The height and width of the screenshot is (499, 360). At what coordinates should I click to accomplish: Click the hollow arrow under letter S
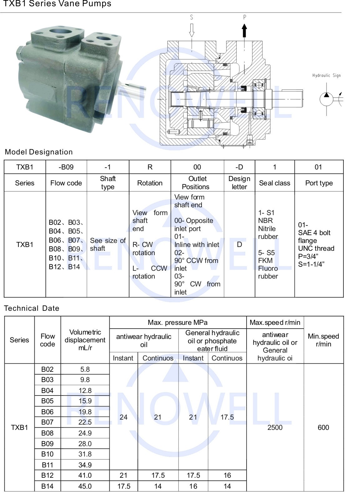pos(192,30)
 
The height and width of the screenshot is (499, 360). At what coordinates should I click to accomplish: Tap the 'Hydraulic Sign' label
pos(326,75)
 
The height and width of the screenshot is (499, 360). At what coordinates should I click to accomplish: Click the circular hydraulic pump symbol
pos(327,99)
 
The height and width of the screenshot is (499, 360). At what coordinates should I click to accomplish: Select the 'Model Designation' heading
pos(39,152)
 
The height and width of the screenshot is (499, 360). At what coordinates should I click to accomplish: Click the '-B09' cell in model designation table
pos(66,167)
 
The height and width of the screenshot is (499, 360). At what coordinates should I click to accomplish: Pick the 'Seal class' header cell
pos(274,183)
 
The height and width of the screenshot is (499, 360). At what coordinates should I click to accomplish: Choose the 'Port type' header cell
pos(319,183)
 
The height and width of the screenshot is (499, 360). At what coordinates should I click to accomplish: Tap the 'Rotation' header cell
pos(150,183)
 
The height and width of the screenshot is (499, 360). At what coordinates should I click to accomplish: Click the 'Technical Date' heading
pos(32,308)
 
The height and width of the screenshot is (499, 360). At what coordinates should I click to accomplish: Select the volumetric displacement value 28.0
pos(85,444)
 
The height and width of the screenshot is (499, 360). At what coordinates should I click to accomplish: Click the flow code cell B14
pos(47,486)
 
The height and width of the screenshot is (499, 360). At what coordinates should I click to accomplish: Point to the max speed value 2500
pos(275,427)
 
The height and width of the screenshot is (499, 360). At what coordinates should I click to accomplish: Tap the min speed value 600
pos(323,427)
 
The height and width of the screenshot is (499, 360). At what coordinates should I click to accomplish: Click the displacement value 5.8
pos(85,369)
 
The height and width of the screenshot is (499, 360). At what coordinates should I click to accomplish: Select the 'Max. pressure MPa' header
pos(177,322)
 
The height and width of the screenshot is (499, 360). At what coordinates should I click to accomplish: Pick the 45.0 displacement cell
pos(85,486)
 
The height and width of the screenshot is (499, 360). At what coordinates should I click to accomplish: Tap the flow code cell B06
pos(47,412)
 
